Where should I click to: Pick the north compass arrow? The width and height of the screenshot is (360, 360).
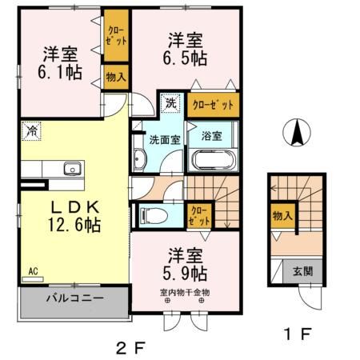(295, 133)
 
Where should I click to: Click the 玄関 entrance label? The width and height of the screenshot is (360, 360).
(302, 272)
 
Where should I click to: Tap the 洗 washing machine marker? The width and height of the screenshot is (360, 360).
(170, 103)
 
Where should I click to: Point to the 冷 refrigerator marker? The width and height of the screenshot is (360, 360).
(31, 130)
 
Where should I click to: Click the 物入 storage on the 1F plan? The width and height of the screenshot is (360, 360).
(281, 216)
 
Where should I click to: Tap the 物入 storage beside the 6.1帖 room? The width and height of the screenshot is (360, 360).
(115, 78)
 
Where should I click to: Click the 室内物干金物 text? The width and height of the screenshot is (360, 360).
(184, 292)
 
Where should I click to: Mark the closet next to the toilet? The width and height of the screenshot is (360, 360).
(198, 214)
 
